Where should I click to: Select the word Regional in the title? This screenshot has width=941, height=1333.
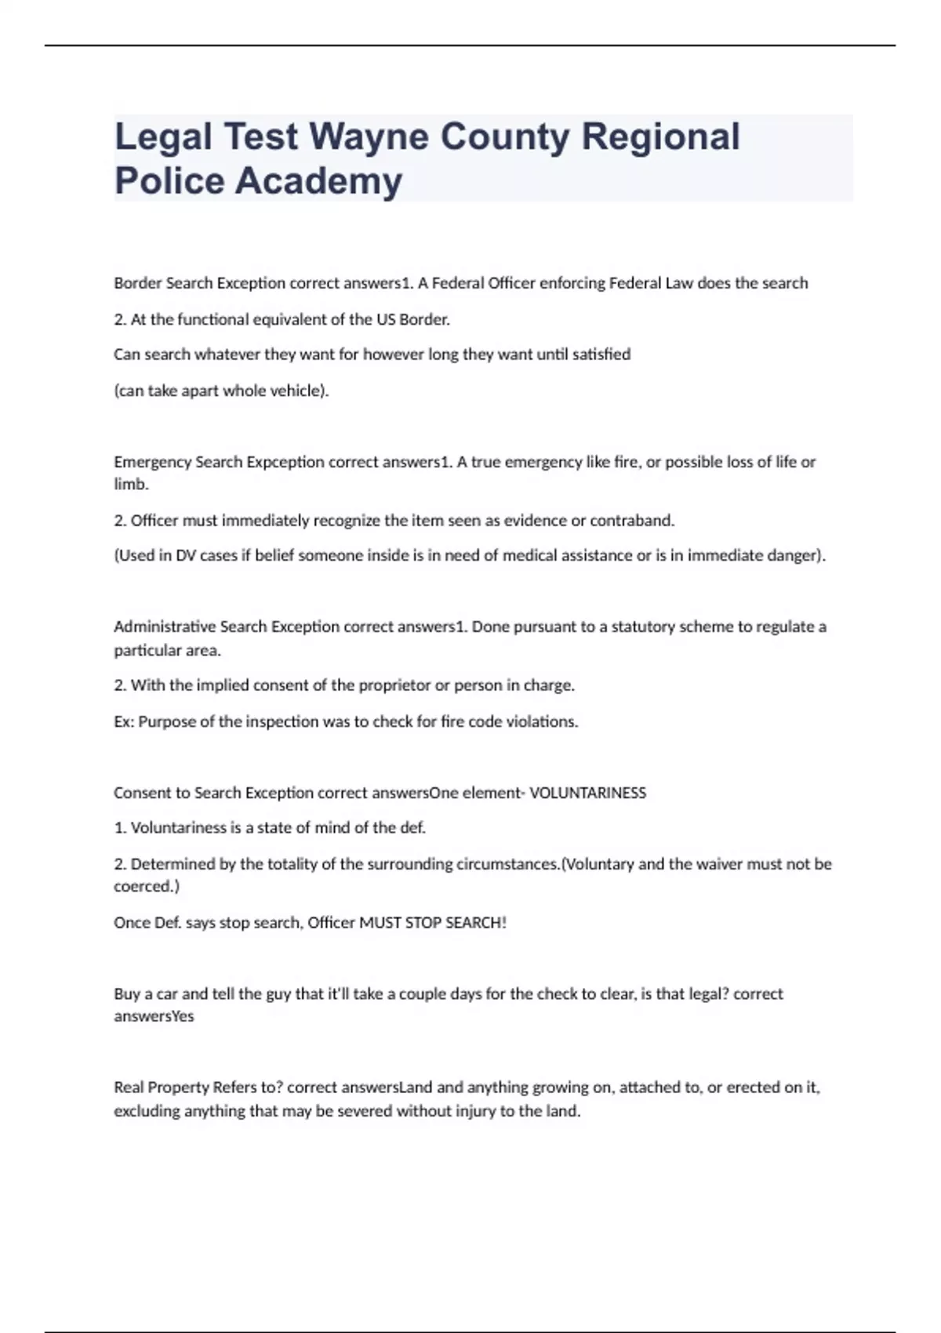pyautogui.click(x=660, y=136)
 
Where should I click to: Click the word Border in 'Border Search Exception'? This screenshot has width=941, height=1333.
pyautogui.click(x=137, y=283)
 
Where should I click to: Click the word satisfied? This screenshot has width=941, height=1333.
pyautogui.click(x=601, y=354)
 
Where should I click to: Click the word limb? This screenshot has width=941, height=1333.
pyautogui.click(x=131, y=485)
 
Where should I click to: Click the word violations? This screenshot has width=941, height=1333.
pyautogui.click(x=544, y=721)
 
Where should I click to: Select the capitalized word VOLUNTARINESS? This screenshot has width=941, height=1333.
pyautogui.click(x=587, y=793)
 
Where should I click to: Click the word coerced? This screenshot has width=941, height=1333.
pyautogui.click(x=146, y=887)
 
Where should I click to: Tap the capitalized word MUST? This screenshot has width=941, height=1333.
pyautogui.click(x=380, y=923)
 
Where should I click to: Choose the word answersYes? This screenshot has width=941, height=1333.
pyautogui.click(x=154, y=1016)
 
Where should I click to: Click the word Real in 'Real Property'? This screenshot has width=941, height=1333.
pyautogui.click(x=129, y=1088)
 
